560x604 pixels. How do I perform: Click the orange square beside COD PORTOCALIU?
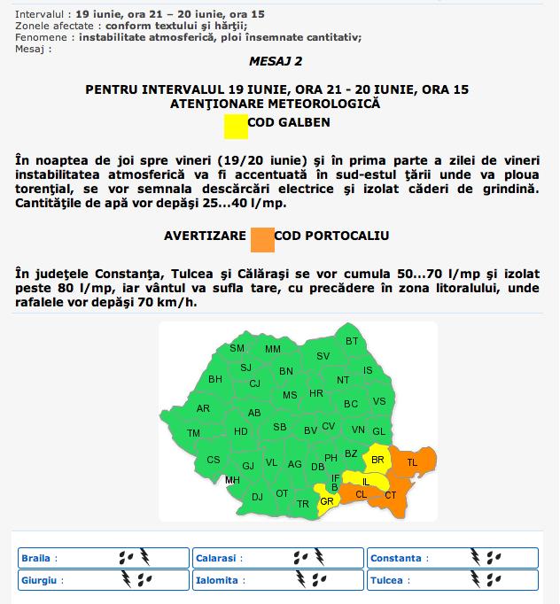pos(262,239)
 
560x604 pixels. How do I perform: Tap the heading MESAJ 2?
pos(279,61)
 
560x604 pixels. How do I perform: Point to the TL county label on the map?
pos(412,462)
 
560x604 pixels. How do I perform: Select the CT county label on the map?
pos(391,495)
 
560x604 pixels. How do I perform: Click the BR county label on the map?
pos(377,460)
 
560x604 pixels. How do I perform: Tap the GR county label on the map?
pos(326,501)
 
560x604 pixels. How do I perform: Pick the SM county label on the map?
pos(237,348)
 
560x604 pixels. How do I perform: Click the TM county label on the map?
pos(193,433)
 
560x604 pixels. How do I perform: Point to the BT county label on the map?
pos(352,341)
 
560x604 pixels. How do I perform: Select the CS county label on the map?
pos(214,461)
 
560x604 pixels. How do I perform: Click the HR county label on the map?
pos(316,393)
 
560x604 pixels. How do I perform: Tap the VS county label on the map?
pos(379,401)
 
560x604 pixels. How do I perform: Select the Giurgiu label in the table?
pos(40,580)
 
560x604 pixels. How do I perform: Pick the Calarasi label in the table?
pos(216,559)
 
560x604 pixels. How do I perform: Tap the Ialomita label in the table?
pos(218,581)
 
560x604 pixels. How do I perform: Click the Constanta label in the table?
pos(396,559)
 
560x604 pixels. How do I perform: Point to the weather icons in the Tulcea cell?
pos(486,580)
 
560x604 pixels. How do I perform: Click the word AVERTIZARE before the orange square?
pos(206,236)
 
